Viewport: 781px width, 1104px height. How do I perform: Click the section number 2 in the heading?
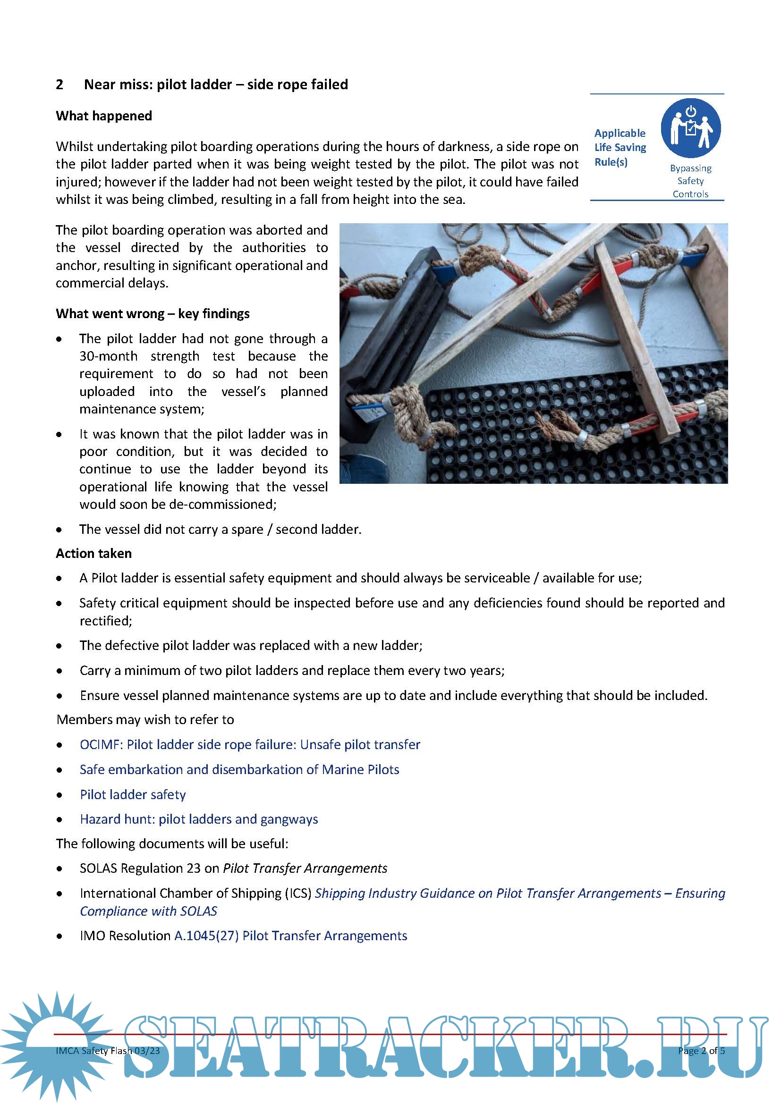click(x=59, y=84)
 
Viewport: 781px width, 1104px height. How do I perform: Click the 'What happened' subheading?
click(x=104, y=116)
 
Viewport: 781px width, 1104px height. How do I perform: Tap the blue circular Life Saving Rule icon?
click(x=690, y=128)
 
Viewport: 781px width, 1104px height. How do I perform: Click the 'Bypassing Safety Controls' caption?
click(x=690, y=181)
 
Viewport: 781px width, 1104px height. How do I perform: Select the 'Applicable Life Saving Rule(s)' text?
click(x=620, y=148)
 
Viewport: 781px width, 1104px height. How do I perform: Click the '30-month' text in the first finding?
click(x=108, y=356)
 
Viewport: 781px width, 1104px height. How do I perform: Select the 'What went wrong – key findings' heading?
click(x=153, y=314)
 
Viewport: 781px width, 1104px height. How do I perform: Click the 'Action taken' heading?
click(x=94, y=554)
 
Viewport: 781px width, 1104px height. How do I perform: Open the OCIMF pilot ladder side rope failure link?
click(x=250, y=745)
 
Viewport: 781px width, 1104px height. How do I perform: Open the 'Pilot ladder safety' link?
click(x=133, y=795)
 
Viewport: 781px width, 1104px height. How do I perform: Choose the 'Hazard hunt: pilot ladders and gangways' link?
click(x=199, y=819)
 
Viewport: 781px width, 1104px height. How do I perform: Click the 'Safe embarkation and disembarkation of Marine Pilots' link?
click(x=239, y=770)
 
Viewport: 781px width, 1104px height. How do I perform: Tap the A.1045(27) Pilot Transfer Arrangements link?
click(x=290, y=936)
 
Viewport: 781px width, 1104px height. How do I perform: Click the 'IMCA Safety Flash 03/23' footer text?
click(x=108, y=1051)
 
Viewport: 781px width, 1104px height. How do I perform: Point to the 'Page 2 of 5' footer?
click(x=701, y=1051)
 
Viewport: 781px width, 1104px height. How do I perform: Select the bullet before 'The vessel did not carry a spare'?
click(x=59, y=530)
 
